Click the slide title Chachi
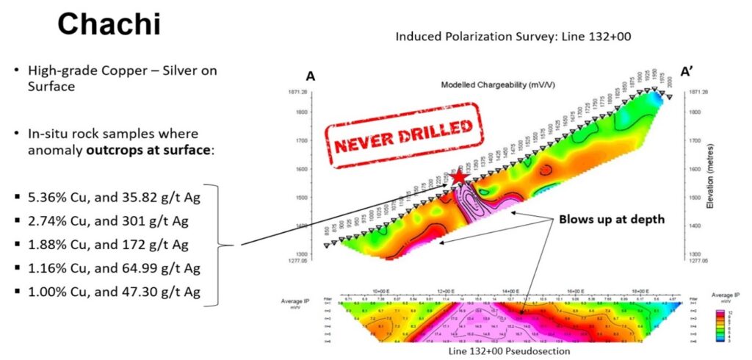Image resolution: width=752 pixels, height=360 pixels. coord(109,25)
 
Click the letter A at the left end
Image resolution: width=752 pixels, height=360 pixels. coord(310,76)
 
